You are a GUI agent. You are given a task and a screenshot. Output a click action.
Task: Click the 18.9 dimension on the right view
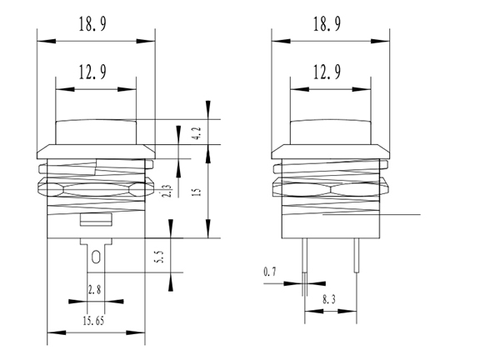click(327, 26)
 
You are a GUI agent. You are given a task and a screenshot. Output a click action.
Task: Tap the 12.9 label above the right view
click(327, 72)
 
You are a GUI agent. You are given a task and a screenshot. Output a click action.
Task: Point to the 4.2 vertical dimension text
click(195, 133)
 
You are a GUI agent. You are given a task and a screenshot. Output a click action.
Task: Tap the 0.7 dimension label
click(269, 272)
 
